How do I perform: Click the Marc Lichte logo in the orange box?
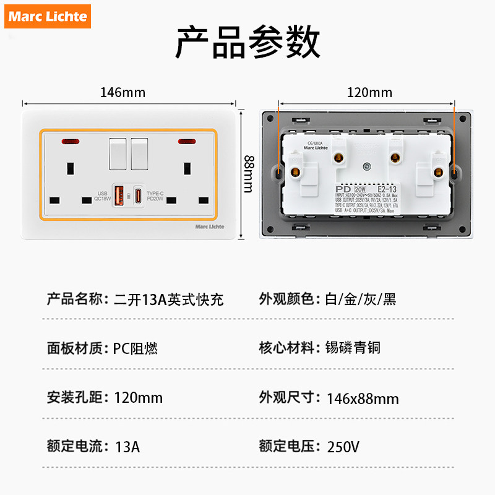pyautogui.click(x=48, y=16)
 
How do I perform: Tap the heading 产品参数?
pyautogui.click(x=247, y=43)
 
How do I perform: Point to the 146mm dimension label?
pyautogui.click(x=123, y=93)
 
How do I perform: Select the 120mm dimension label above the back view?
pyautogui.click(x=369, y=93)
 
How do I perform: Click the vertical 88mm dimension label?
pyautogui.click(x=247, y=173)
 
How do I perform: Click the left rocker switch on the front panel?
pyautogui.click(x=118, y=153)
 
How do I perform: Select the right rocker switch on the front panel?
pyautogui.click(x=140, y=153)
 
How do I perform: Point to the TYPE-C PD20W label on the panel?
pyautogui.click(x=157, y=196)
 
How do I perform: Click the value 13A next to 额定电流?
pyautogui.click(x=127, y=447)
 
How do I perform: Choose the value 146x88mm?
pyautogui.click(x=362, y=398)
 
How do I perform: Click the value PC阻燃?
pyautogui.click(x=136, y=348)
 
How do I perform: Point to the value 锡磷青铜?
pyautogui.click(x=353, y=348)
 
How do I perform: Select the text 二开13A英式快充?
pyautogui.click(x=169, y=300)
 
